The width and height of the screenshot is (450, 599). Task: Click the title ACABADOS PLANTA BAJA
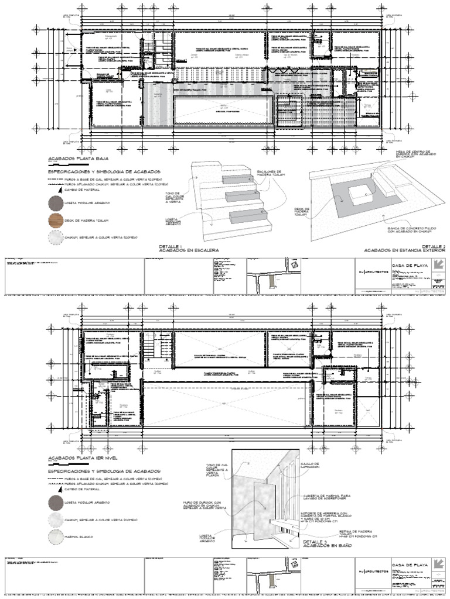[x=73, y=159]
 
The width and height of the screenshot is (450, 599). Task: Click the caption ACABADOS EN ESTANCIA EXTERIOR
[x=404, y=250]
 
